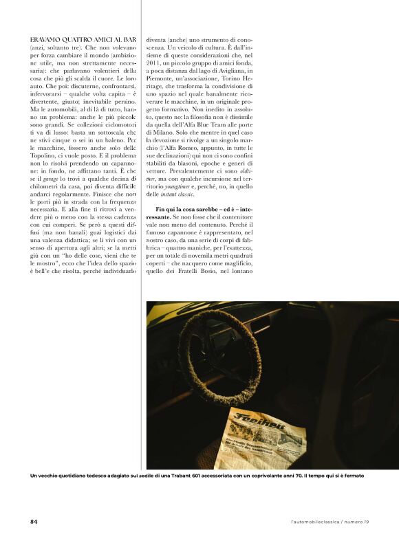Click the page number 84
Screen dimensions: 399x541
pyautogui.click(x=34, y=520)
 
